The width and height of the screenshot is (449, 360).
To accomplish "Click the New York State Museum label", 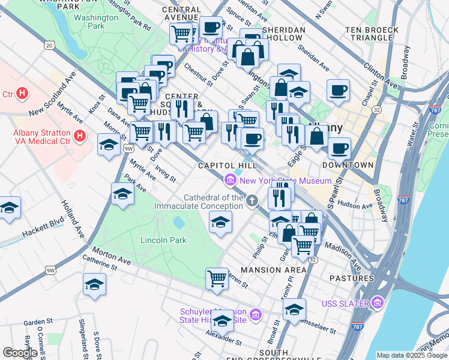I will (x=286, y=181).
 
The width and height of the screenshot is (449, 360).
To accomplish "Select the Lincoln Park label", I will (x=163, y=241).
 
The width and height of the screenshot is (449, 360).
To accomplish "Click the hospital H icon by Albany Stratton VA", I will (x=78, y=138).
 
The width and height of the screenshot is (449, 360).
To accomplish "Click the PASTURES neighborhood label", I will (x=351, y=278).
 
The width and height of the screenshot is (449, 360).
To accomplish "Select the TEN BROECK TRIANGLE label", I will (x=372, y=34).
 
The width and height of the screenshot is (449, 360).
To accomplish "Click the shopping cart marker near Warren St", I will (x=217, y=278).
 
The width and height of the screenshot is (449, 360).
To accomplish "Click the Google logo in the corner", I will (x=20, y=353).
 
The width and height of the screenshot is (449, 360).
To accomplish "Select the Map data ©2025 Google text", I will (x=411, y=355).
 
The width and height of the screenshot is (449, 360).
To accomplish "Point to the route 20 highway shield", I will (x=49, y=45).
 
